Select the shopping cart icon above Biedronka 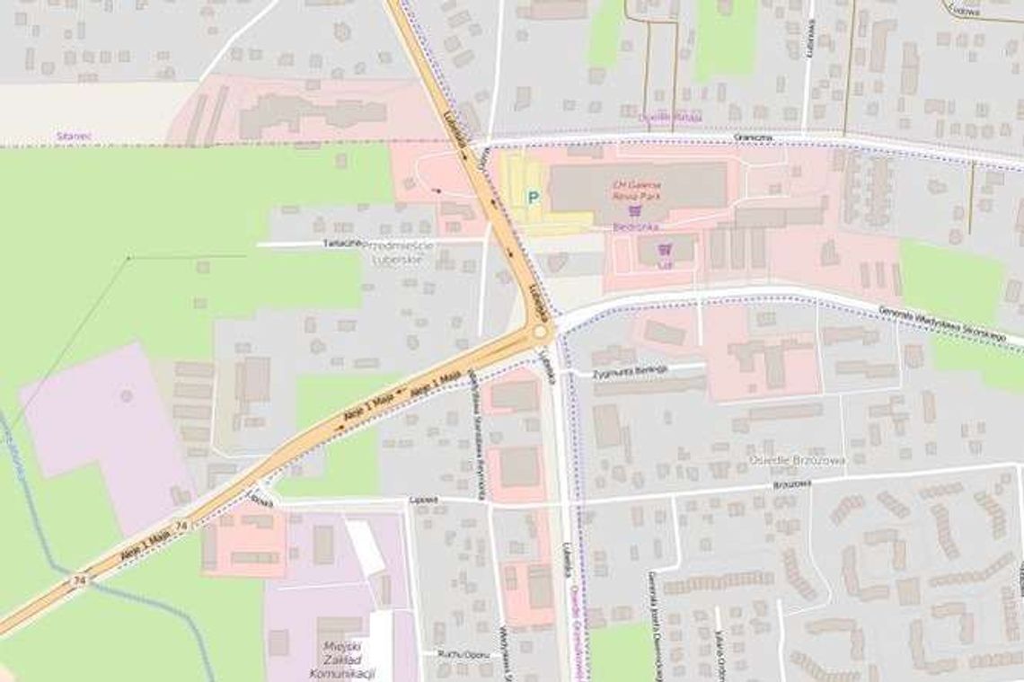tap(636, 211)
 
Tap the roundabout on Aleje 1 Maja tap(540, 332)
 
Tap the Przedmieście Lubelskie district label tap(403, 252)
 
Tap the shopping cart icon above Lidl tap(665, 249)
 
